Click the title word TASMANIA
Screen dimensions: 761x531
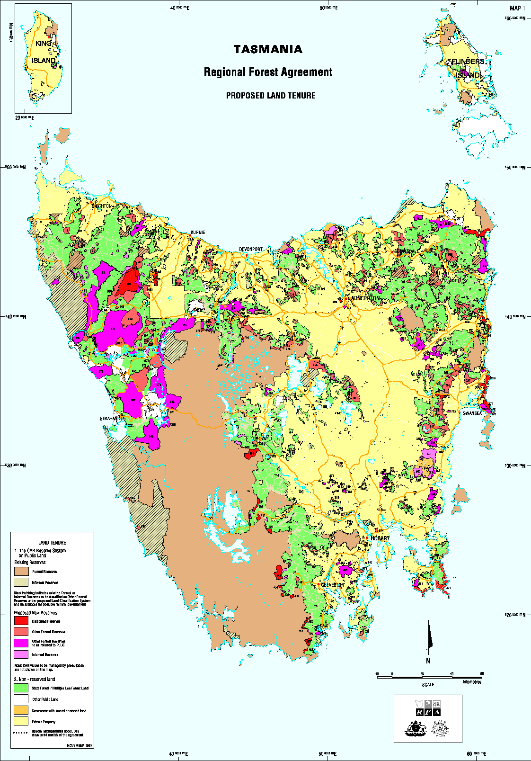(268, 49)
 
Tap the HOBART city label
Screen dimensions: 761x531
(380, 538)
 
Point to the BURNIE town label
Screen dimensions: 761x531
(198, 233)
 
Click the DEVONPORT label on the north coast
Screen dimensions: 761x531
(251, 249)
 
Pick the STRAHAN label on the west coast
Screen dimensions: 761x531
(108, 419)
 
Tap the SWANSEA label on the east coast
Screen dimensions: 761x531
(472, 413)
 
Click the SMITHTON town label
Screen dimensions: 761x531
(102, 206)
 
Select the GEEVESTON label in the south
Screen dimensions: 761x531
(333, 585)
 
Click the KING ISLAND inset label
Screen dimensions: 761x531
(44, 52)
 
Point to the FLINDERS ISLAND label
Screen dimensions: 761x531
(468, 68)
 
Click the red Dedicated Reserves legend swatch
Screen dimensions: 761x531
(21, 620)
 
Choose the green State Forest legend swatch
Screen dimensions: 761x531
(21, 688)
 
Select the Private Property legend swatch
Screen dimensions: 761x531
(21, 721)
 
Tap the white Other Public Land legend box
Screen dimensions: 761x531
(21, 698)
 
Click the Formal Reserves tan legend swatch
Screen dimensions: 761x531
(21, 571)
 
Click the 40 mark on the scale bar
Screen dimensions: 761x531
(451, 673)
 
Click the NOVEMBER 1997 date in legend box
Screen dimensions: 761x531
(80, 745)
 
